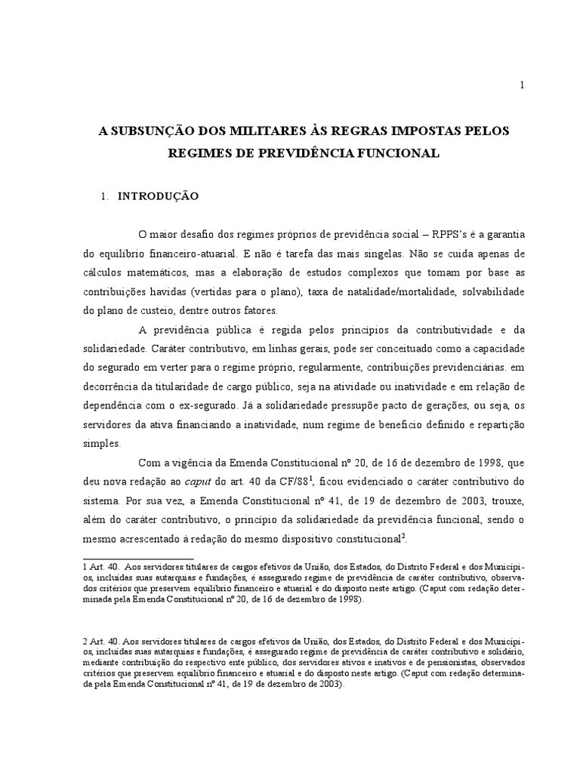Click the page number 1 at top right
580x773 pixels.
(521, 85)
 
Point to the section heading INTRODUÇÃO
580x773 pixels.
(157, 196)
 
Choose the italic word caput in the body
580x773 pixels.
(199, 481)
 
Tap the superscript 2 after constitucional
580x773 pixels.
(403, 534)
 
